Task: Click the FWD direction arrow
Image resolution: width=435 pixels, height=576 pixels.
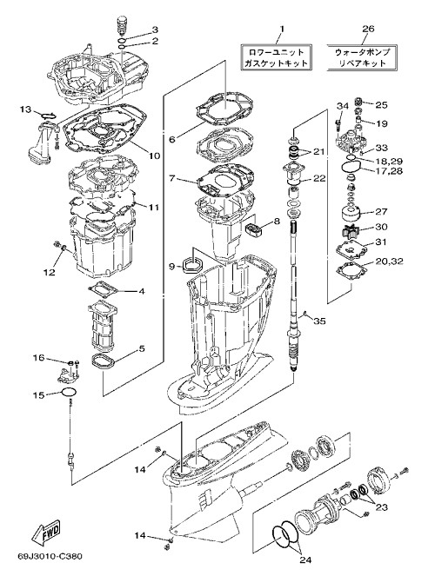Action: click(x=47, y=533)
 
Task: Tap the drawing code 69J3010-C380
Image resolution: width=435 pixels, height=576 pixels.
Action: click(x=50, y=557)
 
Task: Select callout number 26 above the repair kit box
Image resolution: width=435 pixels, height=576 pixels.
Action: click(x=368, y=29)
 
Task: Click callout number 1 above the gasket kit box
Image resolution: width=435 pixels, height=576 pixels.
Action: click(x=283, y=29)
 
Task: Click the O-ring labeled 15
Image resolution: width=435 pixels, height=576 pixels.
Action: click(x=69, y=393)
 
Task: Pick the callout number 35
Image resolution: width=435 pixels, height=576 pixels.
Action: click(x=319, y=321)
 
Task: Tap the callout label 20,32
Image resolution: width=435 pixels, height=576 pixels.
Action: click(x=390, y=262)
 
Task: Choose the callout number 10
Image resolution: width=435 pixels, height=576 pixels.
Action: click(x=155, y=156)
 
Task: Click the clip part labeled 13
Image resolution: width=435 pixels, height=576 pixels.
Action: click(x=49, y=116)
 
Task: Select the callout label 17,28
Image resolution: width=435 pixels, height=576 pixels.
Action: click(x=388, y=171)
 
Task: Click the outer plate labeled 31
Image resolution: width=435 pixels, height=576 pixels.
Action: click(x=351, y=251)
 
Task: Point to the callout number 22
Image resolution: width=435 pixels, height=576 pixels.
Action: click(x=319, y=178)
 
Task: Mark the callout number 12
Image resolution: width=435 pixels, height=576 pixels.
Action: click(x=50, y=272)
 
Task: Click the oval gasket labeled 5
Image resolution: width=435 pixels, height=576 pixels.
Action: click(x=103, y=362)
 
